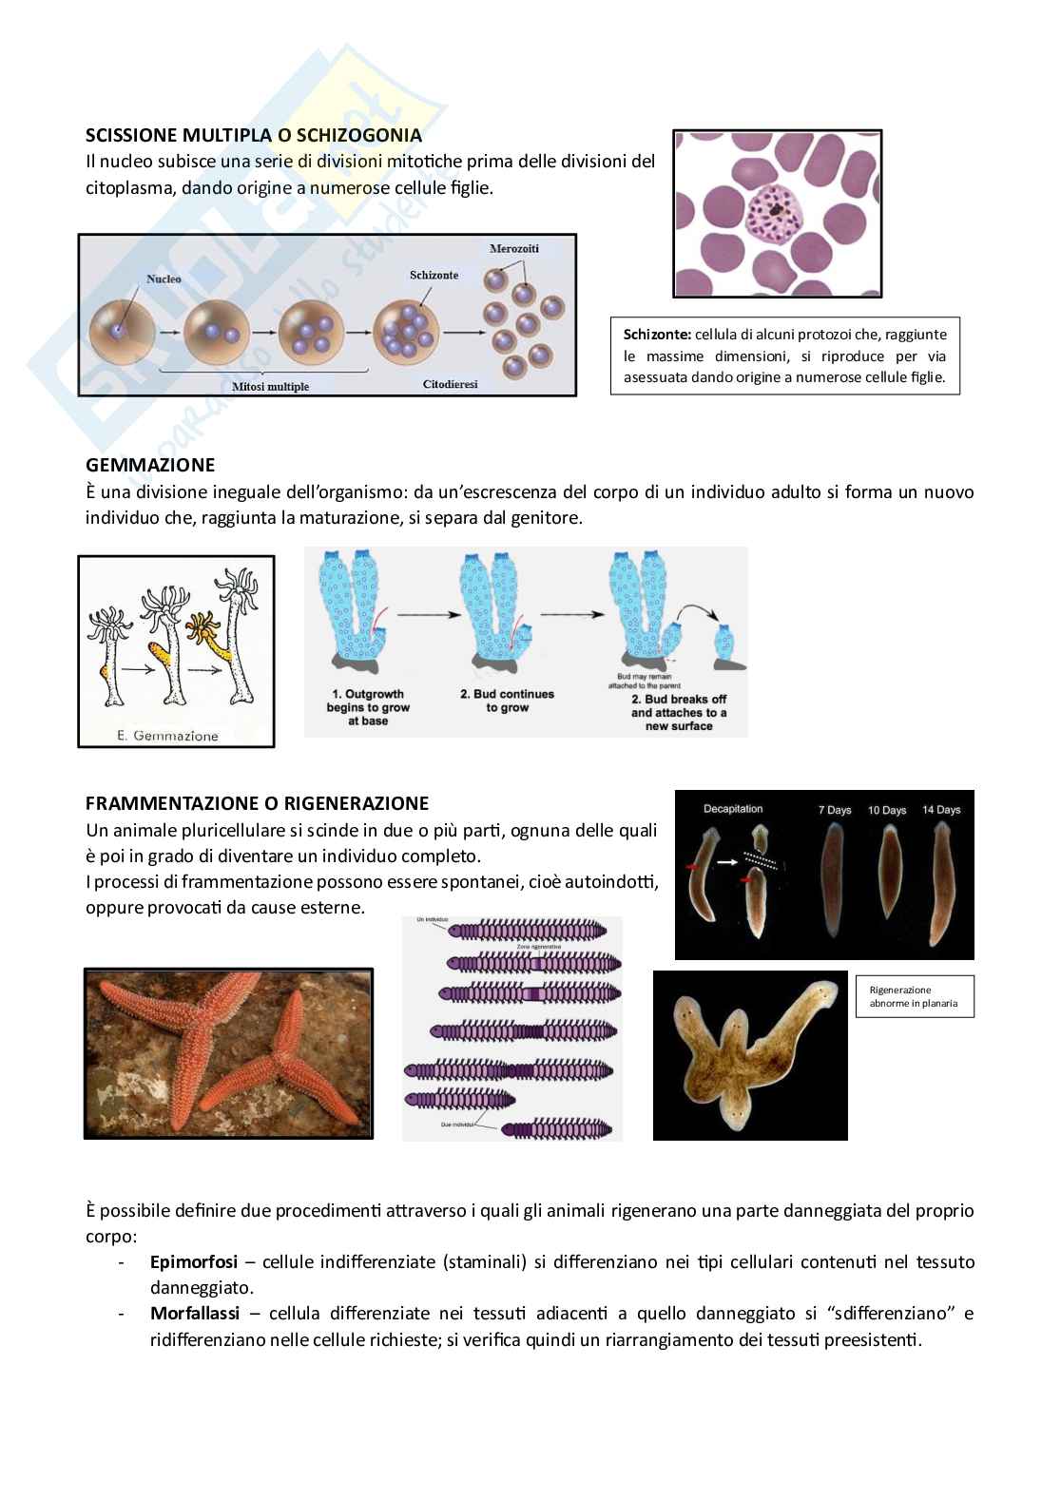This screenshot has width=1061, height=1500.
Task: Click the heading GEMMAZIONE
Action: point(150,465)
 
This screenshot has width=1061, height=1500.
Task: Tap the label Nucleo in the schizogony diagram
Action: point(164,279)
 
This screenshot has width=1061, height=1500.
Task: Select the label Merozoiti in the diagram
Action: point(513,248)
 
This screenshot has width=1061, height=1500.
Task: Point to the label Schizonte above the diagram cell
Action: point(434,275)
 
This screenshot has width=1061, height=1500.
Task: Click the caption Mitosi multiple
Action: point(270,386)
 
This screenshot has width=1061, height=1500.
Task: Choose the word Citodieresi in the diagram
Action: point(450,384)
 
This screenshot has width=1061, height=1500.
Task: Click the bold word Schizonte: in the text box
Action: point(657,335)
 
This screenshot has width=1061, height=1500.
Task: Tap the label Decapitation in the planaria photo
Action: point(733,809)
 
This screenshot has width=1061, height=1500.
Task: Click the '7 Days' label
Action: point(835,810)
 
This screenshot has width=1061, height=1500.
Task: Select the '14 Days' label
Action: point(941,810)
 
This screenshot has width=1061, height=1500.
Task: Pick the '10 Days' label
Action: point(887,810)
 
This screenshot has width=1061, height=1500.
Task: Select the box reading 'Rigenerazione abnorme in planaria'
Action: point(914,996)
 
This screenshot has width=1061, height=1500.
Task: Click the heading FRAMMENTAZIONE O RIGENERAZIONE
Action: point(257,802)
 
